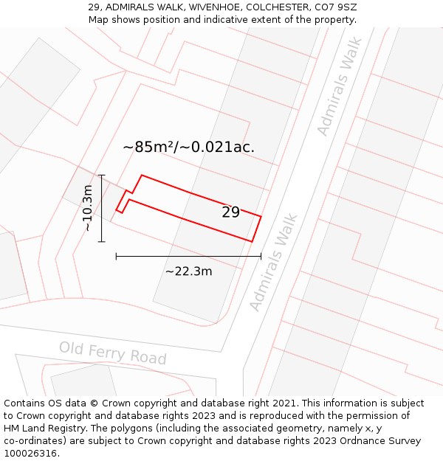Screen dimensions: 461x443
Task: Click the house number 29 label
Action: [x=230, y=212]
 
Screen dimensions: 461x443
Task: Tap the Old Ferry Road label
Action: [x=113, y=353]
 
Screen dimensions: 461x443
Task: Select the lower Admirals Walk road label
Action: [x=273, y=262]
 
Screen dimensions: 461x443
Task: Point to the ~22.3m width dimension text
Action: [x=188, y=271]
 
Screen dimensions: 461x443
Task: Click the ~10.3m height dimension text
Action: [x=88, y=208]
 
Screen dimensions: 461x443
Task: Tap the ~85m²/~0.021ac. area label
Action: [x=188, y=147]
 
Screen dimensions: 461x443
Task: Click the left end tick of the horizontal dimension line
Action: [x=116, y=256]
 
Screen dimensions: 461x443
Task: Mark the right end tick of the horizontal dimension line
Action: [x=261, y=256]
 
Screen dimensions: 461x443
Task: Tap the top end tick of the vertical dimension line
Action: [x=102, y=175]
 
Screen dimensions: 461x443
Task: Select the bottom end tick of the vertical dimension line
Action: [x=102, y=241]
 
